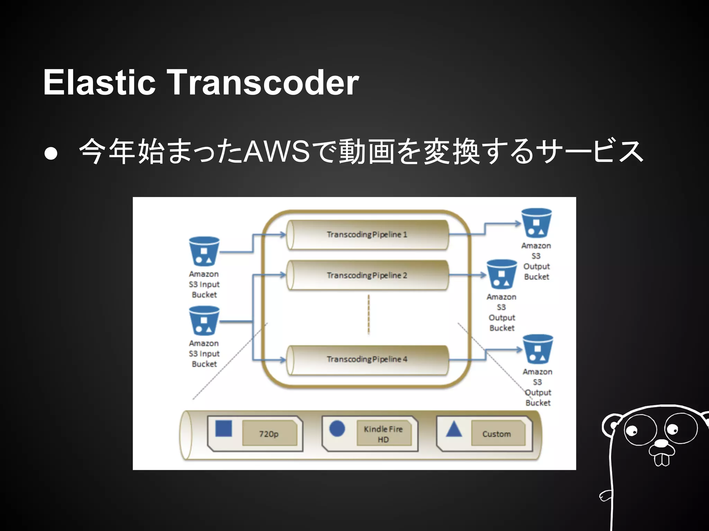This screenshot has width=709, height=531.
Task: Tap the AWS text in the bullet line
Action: pyautogui.click(x=277, y=151)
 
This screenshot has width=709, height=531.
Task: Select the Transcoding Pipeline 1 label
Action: pyautogui.click(x=367, y=234)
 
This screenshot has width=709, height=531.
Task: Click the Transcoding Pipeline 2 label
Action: pyautogui.click(x=367, y=275)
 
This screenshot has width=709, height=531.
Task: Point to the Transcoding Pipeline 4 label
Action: pyautogui.click(x=367, y=359)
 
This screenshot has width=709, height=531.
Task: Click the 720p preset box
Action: pyautogui.click(x=269, y=434)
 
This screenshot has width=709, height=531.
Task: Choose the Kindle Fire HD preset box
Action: pyautogui.click(x=383, y=434)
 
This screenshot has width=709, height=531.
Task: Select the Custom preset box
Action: pyautogui.click(x=497, y=434)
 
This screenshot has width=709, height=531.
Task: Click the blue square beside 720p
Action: pyautogui.click(x=224, y=429)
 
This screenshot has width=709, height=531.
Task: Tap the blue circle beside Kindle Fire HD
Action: pyautogui.click(x=337, y=429)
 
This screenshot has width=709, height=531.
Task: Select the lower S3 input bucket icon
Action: pyautogui.click(x=204, y=321)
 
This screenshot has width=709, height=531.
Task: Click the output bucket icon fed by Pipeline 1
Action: pyautogui.click(x=536, y=223)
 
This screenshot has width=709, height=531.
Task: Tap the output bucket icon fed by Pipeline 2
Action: pyautogui.click(x=502, y=274)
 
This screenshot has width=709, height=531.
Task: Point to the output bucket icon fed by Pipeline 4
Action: pyautogui.click(x=538, y=349)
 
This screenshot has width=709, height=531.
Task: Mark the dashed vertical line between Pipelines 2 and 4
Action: pyautogui.click(x=368, y=314)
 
